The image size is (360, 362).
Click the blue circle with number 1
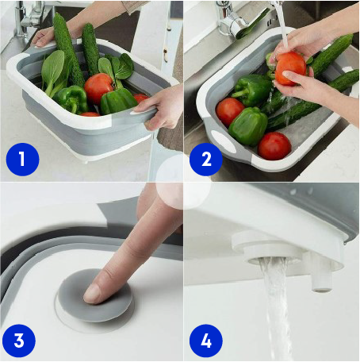[22, 160]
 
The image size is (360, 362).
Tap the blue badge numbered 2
[206, 160]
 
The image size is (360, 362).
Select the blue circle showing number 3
[19, 341]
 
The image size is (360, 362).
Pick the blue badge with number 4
[206, 341]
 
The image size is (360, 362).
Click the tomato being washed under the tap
[290, 68]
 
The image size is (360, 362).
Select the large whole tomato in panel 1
[99, 88]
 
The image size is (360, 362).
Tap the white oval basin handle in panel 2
[224, 141]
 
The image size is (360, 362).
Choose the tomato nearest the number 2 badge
[229, 112]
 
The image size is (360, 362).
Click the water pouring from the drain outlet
[275, 310]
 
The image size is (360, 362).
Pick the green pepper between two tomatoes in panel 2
[248, 126]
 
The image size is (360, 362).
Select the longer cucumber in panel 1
[68, 50]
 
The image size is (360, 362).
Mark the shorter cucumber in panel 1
[90, 49]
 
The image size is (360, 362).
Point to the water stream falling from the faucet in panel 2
[283, 26]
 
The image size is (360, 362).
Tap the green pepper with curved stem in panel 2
[251, 90]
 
